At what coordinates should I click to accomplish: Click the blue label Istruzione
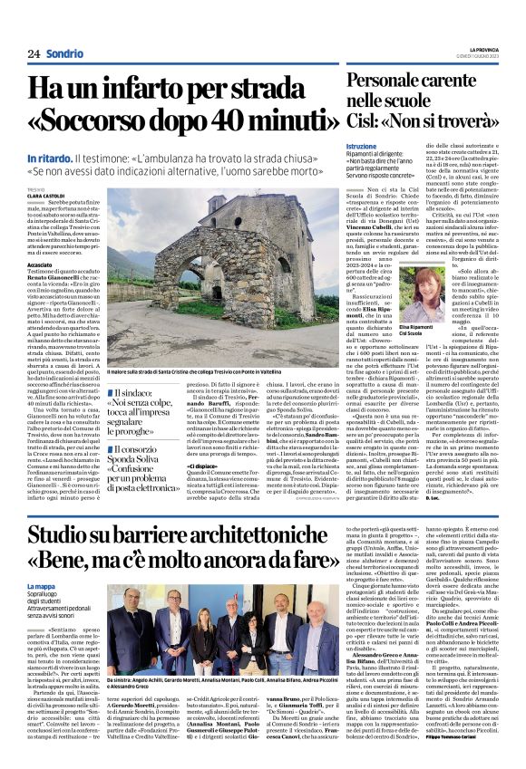coord(360,146)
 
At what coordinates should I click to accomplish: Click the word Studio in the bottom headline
coord(64,537)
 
